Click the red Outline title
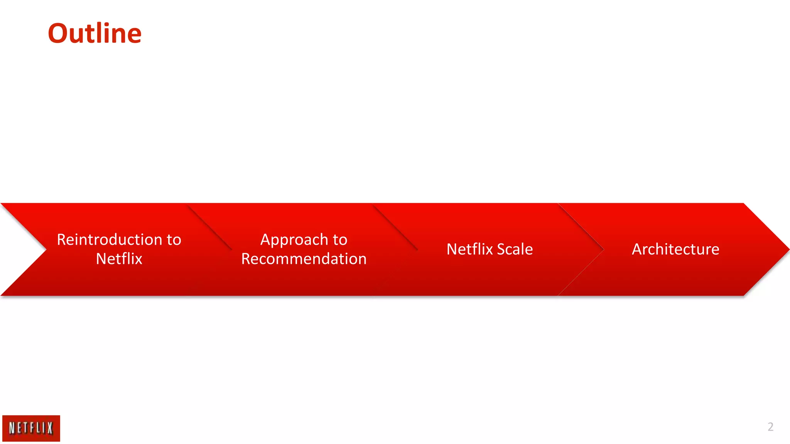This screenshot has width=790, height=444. click(95, 34)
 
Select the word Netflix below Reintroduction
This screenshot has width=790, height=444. click(119, 259)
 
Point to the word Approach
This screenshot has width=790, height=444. click(294, 240)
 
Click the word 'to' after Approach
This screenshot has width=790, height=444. click(340, 240)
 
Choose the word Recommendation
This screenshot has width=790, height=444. click(304, 259)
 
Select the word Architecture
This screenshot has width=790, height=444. click(675, 249)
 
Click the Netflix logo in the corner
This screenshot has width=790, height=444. click(31, 428)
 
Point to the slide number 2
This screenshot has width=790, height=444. click(770, 427)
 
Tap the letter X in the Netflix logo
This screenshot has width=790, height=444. click(50, 428)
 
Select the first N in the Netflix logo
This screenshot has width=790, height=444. click(12, 428)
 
